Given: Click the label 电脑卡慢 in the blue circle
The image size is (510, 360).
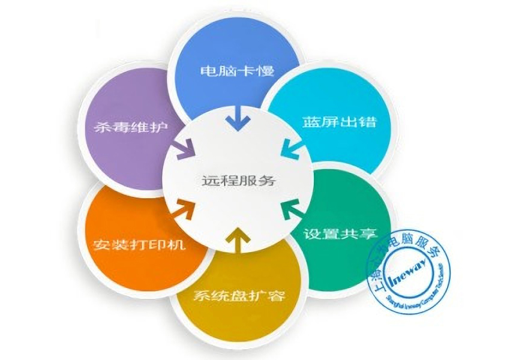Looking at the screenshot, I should (x=237, y=71).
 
